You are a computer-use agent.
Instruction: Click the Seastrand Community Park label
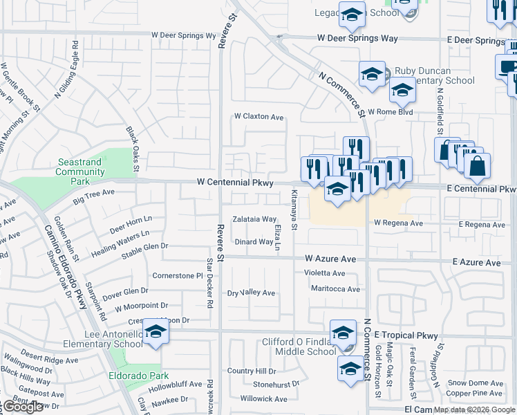click(80, 172)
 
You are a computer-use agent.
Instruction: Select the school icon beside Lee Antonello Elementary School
click(156, 333)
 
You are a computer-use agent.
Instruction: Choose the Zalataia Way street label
click(254, 219)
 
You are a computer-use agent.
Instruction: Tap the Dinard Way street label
click(254, 242)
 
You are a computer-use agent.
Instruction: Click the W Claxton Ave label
click(259, 118)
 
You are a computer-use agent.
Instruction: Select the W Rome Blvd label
click(390, 111)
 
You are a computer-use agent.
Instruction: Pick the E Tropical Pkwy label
click(406, 335)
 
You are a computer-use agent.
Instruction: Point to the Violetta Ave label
click(324, 273)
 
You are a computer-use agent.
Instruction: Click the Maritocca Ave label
click(335, 288)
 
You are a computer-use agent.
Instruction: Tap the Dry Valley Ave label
click(252, 293)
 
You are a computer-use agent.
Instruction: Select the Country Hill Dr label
click(252, 371)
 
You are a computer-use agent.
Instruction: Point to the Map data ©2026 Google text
click(474, 409)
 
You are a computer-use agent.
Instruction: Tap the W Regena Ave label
click(398, 223)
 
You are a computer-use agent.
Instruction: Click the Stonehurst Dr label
click(276, 384)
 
